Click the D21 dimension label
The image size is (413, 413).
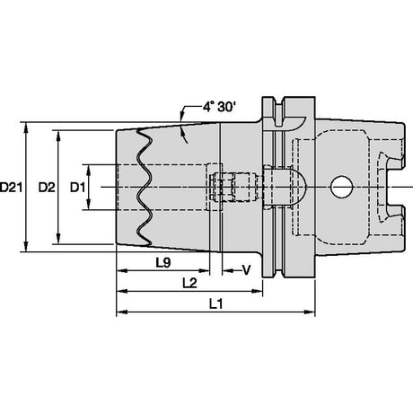[x=11, y=188]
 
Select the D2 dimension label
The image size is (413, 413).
[x=47, y=188]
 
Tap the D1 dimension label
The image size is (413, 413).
[x=77, y=188]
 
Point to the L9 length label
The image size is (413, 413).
[x=163, y=263]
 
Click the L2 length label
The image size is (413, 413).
[x=189, y=283]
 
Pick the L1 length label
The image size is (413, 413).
[x=215, y=304]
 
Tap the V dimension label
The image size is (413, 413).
[x=246, y=270]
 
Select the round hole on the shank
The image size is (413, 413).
[x=341, y=188]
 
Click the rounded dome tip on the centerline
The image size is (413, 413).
[x=301, y=187]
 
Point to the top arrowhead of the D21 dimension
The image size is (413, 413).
[x=26, y=127]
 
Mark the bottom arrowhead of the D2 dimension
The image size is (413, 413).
[x=58, y=239]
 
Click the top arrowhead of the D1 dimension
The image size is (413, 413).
[x=89, y=170]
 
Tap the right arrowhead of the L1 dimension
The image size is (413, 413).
[x=310, y=312]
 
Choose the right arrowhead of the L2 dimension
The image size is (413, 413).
[x=258, y=291]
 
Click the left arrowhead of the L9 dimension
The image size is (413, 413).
[x=121, y=271]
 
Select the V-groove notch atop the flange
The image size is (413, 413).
[x=278, y=111]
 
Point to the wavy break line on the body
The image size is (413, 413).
[x=144, y=187]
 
